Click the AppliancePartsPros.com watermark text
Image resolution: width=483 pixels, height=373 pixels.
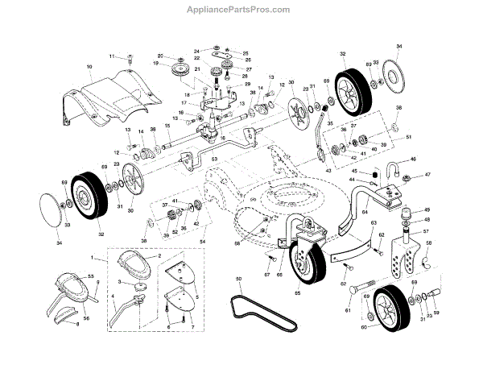tap(238, 9)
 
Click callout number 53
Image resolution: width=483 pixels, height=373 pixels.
tap(215, 160)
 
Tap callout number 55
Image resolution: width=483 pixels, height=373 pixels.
tap(90, 276)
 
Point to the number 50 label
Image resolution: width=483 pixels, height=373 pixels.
tap(238, 280)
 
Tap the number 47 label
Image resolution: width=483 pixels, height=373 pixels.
tap(428, 175)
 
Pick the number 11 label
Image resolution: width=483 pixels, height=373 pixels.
tap(113, 56)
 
